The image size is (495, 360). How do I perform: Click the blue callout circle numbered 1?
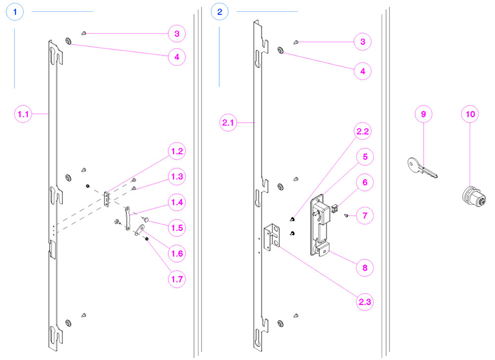[x=15, y=11]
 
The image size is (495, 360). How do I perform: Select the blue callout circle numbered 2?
[x=220, y=11]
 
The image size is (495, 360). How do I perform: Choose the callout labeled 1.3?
[x=176, y=177]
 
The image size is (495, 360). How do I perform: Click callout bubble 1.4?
[x=176, y=202]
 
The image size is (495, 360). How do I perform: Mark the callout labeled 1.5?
[x=176, y=228]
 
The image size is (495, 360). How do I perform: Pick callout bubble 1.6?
[x=176, y=254]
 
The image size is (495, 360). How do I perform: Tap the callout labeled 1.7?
[x=176, y=279]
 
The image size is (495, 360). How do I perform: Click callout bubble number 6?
[x=365, y=183]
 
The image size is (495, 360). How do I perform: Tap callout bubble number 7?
[x=365, y=216]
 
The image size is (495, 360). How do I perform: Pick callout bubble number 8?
[x=365, y=268]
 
